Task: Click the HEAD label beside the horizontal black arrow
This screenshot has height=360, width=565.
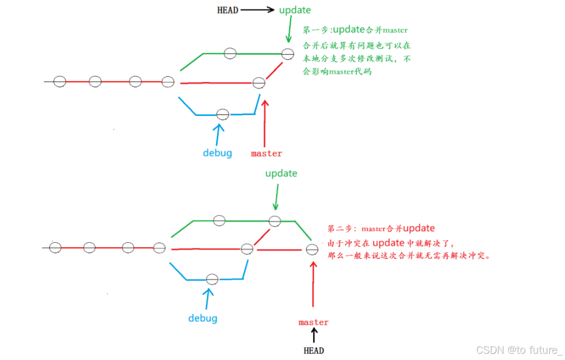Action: (227, 10)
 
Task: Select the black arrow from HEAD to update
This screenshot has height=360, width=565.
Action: (257, 9)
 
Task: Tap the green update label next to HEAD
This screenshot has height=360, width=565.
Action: (295, 10)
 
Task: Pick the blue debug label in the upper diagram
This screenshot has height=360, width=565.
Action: (217, 153)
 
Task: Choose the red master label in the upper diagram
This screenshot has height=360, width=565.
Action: (266, 153)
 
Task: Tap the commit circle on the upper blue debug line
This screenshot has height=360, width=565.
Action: (223, 114)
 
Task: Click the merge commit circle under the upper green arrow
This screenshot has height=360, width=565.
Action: (288, 54)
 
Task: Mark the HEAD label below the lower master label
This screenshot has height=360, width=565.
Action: (313, 351)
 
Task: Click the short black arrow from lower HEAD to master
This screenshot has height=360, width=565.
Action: (314, 335)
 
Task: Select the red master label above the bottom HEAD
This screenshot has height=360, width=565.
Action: (313, 322)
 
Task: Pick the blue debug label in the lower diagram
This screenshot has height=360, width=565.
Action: (202, 318)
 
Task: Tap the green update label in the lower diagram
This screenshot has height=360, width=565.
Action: (281, 174)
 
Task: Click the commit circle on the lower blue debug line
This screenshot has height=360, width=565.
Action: (212, 279)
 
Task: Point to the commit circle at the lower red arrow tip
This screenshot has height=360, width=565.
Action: (312, 249)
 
